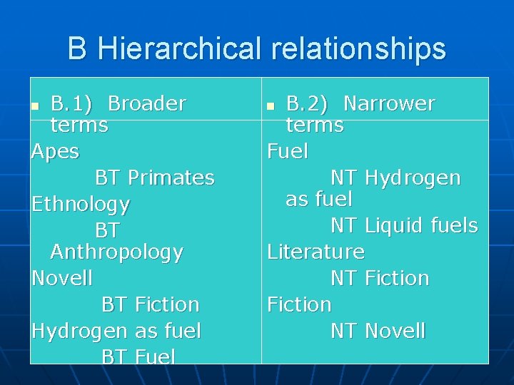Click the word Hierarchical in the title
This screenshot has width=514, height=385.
181,49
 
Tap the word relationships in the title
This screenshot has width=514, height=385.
358,49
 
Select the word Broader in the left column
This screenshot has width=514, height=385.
147,104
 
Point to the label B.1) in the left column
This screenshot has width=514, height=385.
71,104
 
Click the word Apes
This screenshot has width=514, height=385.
56,152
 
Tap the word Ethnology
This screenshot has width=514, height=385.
81,205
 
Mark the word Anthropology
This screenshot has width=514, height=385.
117,252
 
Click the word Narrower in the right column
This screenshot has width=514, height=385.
389,104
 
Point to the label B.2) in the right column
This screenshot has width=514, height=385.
307,104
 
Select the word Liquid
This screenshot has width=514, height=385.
395,226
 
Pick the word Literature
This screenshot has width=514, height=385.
316,252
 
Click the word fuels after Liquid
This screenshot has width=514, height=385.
455,226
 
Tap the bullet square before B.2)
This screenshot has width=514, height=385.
271,106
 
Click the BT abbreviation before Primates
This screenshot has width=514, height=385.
109,178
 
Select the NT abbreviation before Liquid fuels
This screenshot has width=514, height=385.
343,226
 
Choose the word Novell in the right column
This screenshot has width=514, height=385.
395,332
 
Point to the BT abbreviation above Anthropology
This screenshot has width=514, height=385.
108,231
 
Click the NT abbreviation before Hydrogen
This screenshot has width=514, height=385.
343,178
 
